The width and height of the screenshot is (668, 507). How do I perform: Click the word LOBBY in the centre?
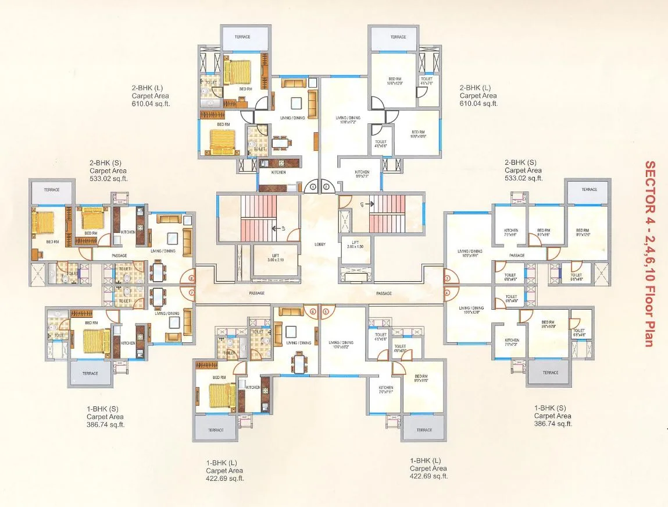(x=319, y=244)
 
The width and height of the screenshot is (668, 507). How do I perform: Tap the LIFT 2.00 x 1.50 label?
(x=354, y=244)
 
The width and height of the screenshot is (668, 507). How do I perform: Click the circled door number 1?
(x=313, y=187)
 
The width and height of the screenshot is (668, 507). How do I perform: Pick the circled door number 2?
(x=326, y=187)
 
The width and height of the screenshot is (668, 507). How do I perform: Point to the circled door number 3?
(x=447, y=279)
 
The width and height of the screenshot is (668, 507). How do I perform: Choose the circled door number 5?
(x=326, y=312)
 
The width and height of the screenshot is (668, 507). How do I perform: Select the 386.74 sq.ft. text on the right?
(x=553, y=424)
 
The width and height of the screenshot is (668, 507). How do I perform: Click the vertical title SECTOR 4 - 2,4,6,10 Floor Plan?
(x=649, y=253)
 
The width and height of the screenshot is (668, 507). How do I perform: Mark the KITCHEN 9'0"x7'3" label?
(x=362, y=174)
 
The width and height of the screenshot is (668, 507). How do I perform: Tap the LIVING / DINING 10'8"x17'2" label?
(x=348, y=120)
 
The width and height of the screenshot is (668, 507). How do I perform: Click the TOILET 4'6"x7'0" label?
(x=427, y=81)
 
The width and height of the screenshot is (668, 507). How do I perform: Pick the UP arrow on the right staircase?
(x=361, y=204)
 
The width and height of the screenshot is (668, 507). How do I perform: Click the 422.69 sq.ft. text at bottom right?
(x=428, y=476)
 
